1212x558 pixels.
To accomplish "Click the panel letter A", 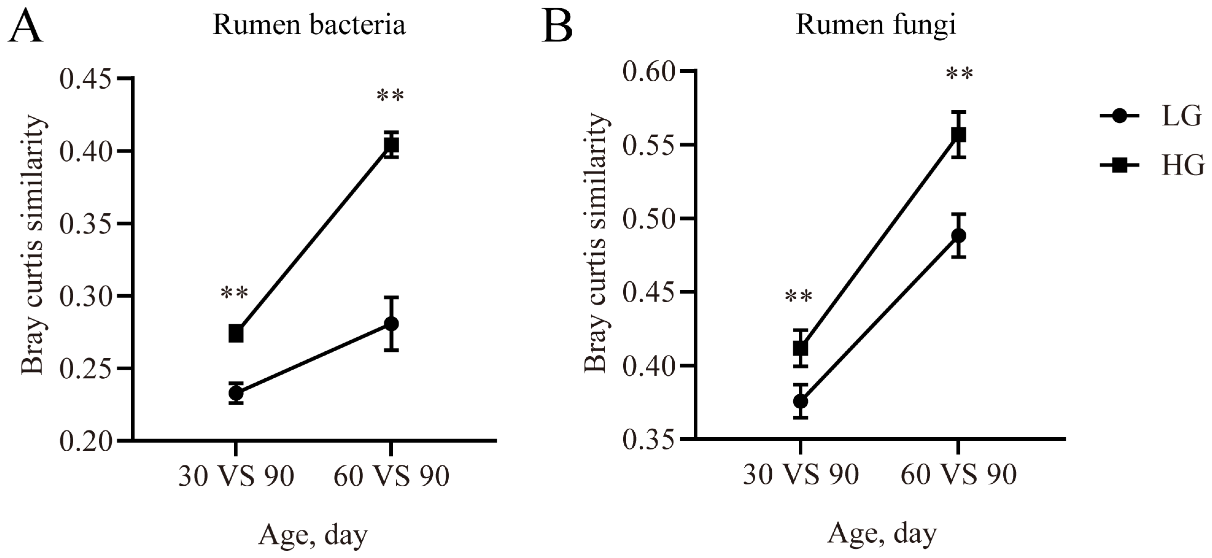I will [x=26, y=26].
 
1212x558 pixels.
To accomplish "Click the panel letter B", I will [x=558, y=26].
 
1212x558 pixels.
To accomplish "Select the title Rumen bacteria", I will [x=309, y=25].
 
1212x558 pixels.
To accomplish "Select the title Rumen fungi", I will [x=876, y=25].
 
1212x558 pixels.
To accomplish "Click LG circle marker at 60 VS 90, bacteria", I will [x=391, y=324].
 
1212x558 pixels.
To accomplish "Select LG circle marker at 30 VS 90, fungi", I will [x=800, y=401].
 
